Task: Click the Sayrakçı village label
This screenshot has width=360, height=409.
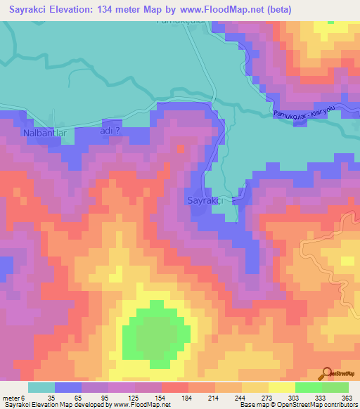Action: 205,201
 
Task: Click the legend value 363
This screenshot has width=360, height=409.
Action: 345,398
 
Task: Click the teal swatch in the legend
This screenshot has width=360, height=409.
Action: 41,387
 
